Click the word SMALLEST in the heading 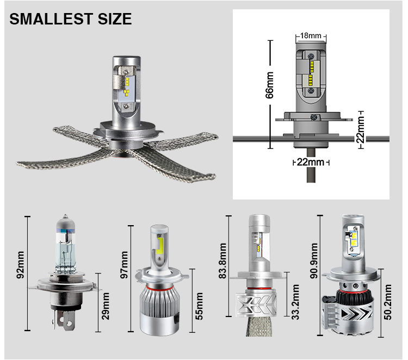[x=51, y=18]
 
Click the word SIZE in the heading [x=115, y=18]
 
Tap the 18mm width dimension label [x=311, y=35]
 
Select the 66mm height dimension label [x=270, y=85]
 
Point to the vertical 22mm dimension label [x=361, y=129]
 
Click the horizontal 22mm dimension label [x=311, y=162]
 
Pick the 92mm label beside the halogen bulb [x=20, y=265]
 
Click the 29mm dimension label [x=106, y=306]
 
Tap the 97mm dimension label [x=125, y=265]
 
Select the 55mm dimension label [x=199, y=306]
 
